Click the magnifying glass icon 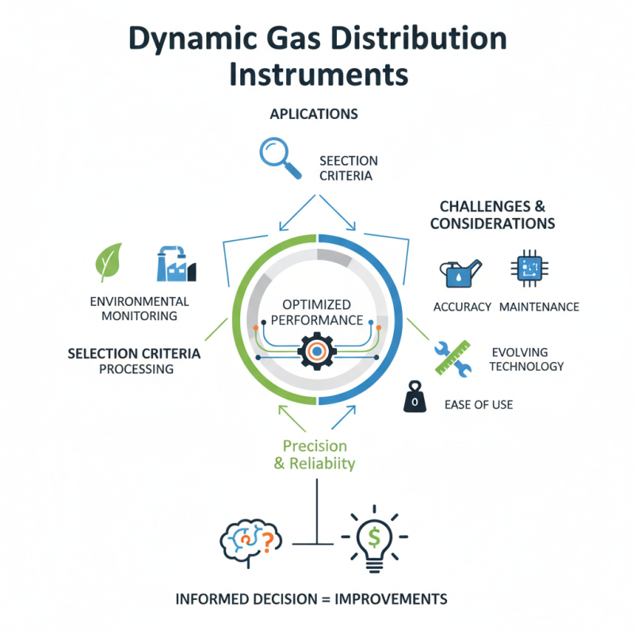(x=279, y=156)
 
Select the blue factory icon (x=176, y=263)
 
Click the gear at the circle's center (x=316, y=351)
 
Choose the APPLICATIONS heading (x=314, y=114)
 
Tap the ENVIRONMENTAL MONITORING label (x=139, y=308)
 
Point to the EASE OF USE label (x=478, y=404)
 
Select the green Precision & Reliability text (x=315, y=455)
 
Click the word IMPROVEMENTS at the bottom (x=391, y=598)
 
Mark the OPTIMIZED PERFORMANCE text (x=317, y=312)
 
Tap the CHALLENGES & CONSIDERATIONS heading (x=492, y=215)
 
